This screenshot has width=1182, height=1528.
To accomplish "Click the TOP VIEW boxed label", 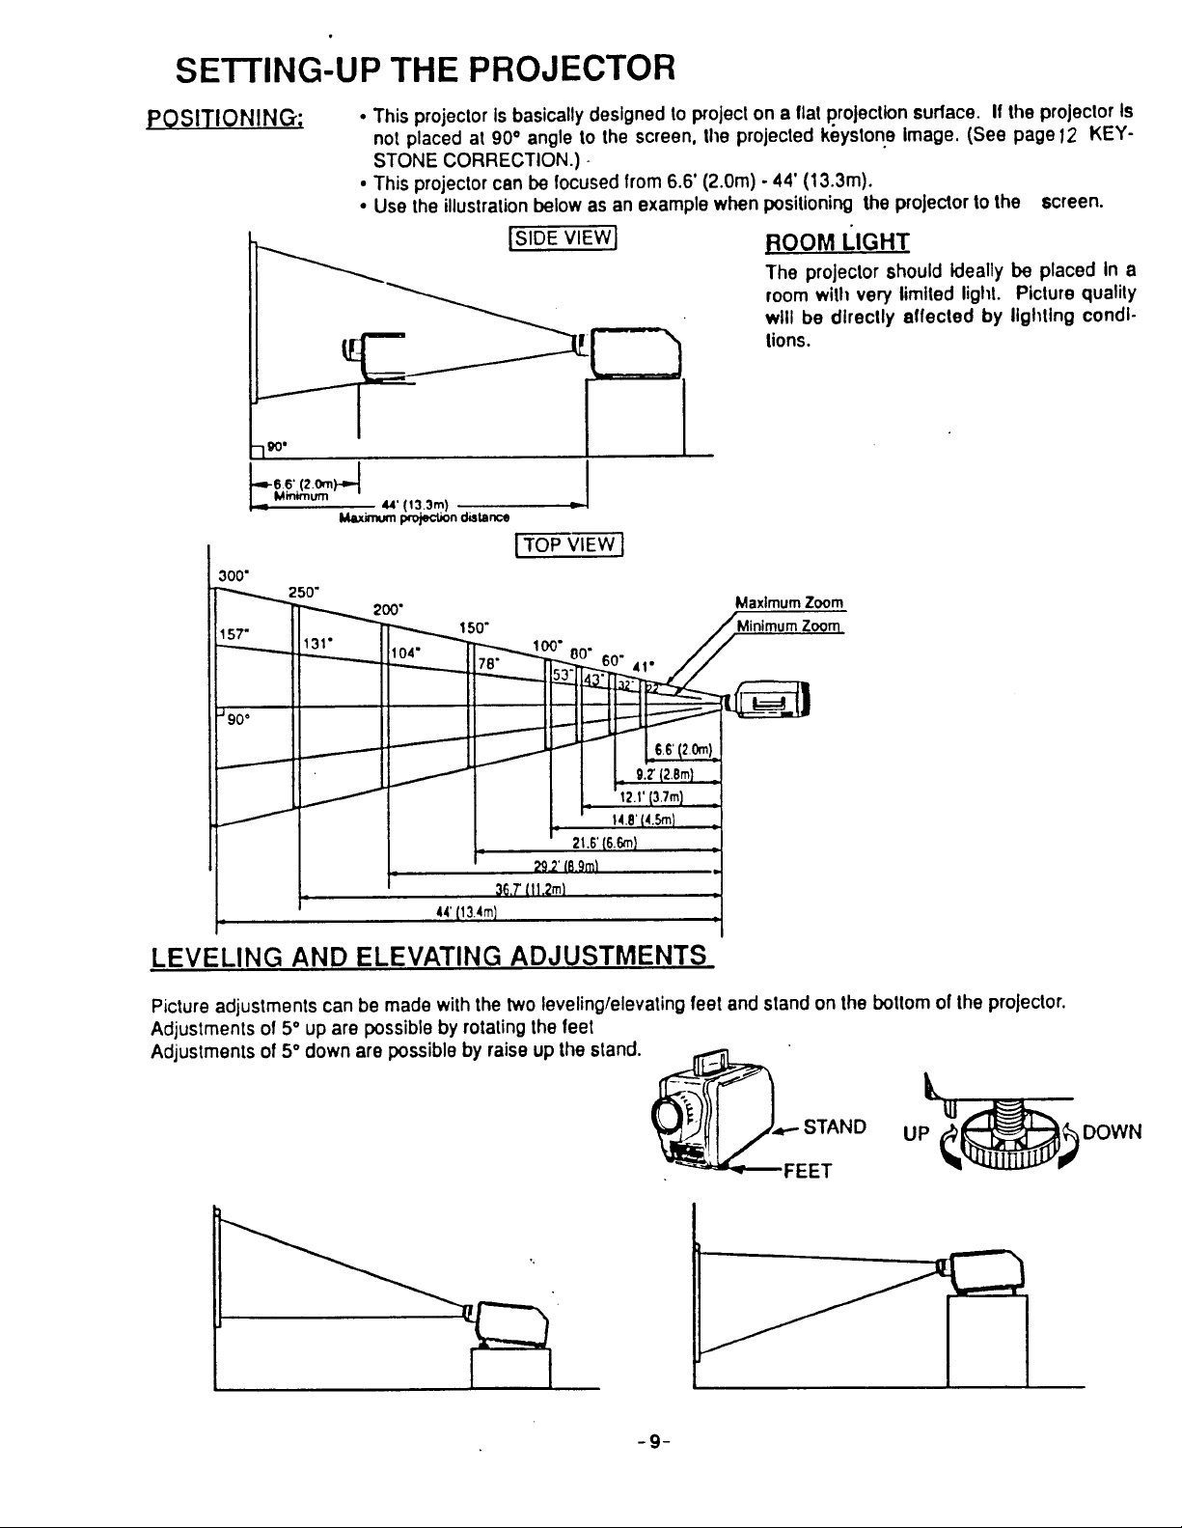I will point(570,545).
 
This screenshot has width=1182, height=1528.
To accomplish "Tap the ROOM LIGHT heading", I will point(838,240).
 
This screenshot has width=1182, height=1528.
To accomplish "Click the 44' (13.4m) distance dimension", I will point(466,912).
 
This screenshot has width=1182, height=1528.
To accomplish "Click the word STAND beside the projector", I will point(835,1127).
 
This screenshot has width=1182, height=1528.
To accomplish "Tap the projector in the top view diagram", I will point(770,701).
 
